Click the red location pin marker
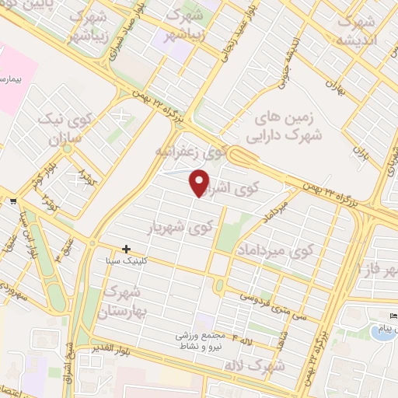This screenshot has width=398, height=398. click(200, 182)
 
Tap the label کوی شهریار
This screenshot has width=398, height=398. click(180, 228)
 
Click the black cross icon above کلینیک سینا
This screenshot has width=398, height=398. click(127, 250)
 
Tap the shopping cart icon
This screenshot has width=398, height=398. click(13, 202)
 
